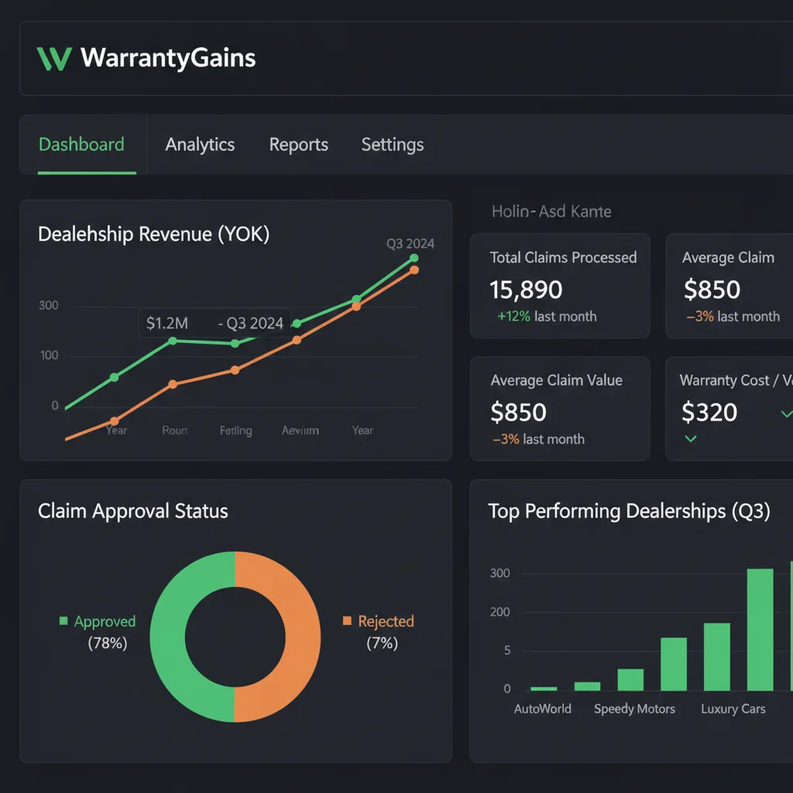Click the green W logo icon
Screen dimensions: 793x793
point(53,59)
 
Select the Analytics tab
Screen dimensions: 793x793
point(200,145)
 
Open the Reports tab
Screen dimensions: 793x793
point(298,145)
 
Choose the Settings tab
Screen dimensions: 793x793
point(392,145)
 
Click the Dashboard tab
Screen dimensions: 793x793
point(81,145)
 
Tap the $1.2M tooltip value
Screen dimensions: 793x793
point(166,323)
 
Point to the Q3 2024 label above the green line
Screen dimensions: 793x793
point(410,244)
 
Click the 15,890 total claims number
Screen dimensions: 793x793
point(526,290)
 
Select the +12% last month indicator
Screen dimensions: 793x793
point(547,316)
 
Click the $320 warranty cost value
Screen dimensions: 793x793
point(709,412)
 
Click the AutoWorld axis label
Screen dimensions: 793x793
point(542,709)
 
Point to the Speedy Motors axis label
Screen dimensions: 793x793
point(634,709)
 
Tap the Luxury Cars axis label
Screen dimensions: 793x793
point(733,709)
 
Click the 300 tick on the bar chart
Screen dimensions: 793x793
point(499,573)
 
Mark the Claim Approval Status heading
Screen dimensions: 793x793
point(133,511)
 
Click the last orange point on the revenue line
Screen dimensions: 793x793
point(414,270)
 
